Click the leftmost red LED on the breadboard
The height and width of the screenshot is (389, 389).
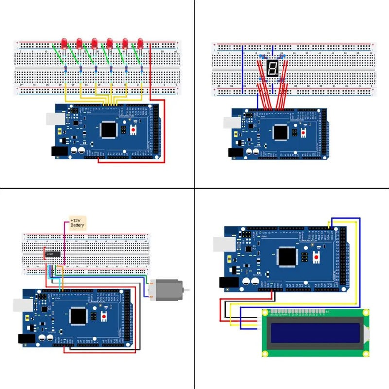pos(63,44)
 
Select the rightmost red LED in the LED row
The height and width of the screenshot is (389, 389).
pos(141,44)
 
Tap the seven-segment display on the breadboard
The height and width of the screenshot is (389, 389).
pos(272,68)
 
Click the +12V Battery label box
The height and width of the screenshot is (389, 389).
pos(77,222)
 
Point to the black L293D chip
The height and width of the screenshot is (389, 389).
pos(53,254)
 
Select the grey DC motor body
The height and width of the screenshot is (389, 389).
pos(164,290)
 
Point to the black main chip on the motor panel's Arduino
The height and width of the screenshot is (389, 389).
pos(78,317)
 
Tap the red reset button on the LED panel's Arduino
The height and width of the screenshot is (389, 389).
pos(132,130)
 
